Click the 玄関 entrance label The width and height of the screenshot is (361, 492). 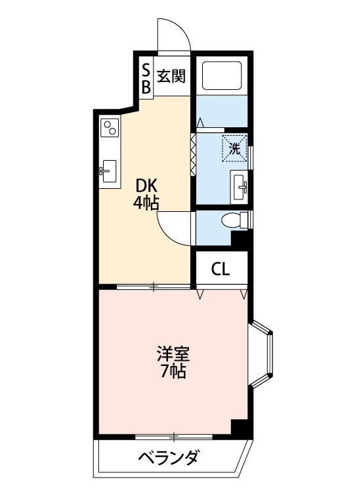pyautogui.click(x=171, y=76)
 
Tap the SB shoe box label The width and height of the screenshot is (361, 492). pyautogui.click(x=146, y=79)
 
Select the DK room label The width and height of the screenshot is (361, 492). pyautogui.click(x=146, y=186)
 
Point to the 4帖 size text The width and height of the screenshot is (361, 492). pyautogui.click(x=146, y=203)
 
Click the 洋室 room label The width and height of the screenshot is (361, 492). pyautogui.click(x=173, y=354)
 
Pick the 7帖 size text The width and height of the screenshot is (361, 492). pyautogui.click(x=173, y=371)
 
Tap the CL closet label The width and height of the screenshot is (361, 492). pyautogui.click(x=221, y=268)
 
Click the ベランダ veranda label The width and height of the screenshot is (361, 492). pyautogui.click(x=169, y=458)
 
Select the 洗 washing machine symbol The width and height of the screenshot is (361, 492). pyautogui.click(x=234, y=148)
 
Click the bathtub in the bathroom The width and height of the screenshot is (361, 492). pyautogui.click(x=222, y=75)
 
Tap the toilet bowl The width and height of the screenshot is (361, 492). pyautogui.click(x=234, y=220)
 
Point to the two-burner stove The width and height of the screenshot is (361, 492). pyautogui.click(x=110, y=127)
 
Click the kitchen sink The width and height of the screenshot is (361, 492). pyautogui.click(x=109, y=171)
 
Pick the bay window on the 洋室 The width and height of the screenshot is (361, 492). pyautogui.click(x=261, y=354)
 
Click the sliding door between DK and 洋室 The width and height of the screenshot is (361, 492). pyautogui.click(x=154, y=287)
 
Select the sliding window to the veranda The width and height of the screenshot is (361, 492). pyautogui.click(x=174, y=436)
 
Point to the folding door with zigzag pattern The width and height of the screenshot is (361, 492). pyautogui.click(x=193, y=154)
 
